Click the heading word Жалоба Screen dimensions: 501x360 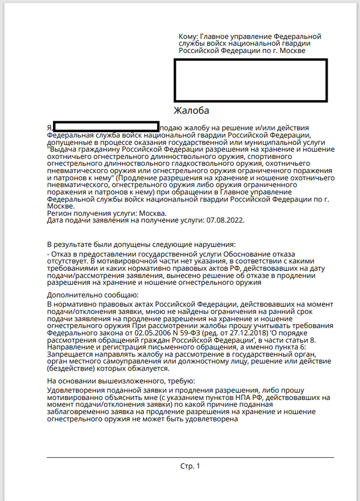point(191,110)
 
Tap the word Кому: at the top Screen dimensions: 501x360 point(188,36)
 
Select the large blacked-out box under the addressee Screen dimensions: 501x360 point(250,80)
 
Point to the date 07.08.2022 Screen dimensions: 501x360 point(225,220)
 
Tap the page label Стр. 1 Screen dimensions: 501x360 point(190,466)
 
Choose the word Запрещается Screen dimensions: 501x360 point(68,354)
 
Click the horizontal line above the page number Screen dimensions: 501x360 point(190,457)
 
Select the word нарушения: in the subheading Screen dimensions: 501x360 point(217,244)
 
